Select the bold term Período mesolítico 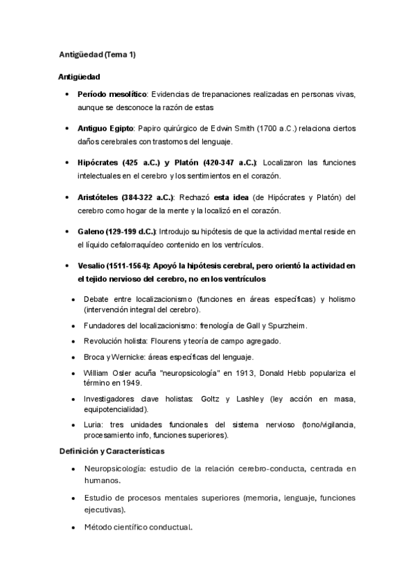click(x=112, y=93)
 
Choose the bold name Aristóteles click(x=99, y=197)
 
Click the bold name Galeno click(x=91, y=231)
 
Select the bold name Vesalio click(x=91, y=265)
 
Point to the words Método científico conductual click(x=137, y=527)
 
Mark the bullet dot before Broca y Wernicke click(x=75, y=357)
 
